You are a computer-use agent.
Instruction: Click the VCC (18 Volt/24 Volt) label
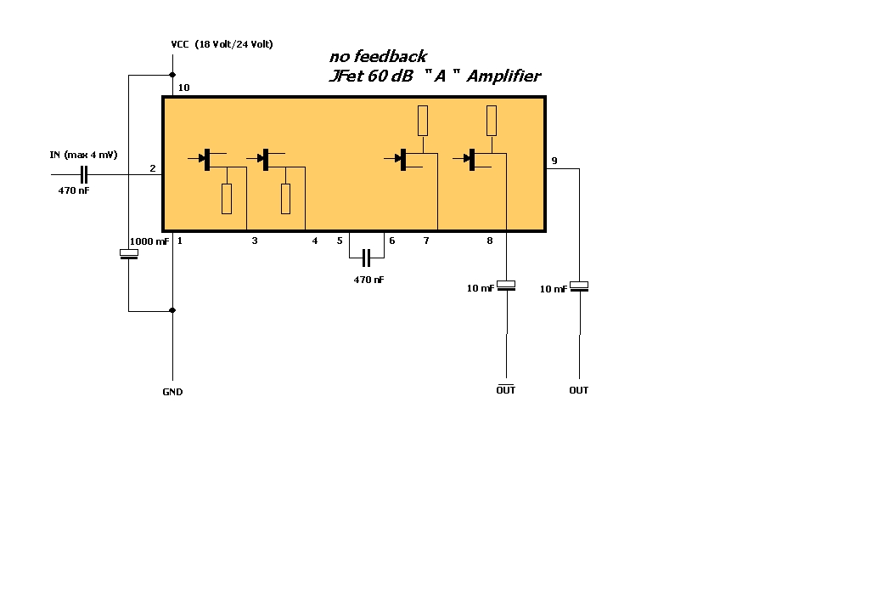pyautogui.click(x=222, y=44)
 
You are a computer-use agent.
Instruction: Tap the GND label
pyautogui.click(x=172, y=392)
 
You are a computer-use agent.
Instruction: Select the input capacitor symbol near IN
pyautogui.click(x=84, y=175)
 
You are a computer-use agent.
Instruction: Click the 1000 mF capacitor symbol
pyautogui.click(x=129, y=253)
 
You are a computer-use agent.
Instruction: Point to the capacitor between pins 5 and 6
pyautogui.click(x=366, y=258)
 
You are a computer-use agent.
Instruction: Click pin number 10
pyautogui.click(x=184, y=88)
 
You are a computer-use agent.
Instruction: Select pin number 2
pyautogui.click(x=153, y=168)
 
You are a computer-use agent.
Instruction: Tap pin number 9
pyautogui.click(x=554, y=161)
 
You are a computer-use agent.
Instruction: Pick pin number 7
pyautogui.click(x=426, y=241)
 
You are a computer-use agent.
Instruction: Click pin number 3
pyautogui.click(x=255, y=241)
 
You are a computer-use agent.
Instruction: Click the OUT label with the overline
pyautogui.click(x=506, y=389)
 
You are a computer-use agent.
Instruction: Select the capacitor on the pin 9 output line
pyautogui.click(x=579, y=286)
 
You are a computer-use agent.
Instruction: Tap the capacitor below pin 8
pyautogui.click(x=506, y=286)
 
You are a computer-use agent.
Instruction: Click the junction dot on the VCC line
pyautogui.click(x=172, y=75)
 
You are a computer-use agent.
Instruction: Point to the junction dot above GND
pyautogui.click(x=172, y=310)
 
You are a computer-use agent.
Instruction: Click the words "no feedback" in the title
pyautogui.click(x=378, y=56)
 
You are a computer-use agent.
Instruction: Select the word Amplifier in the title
pyautogui.click(x=503, y=76)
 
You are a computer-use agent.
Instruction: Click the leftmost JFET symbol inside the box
pyautogui.click(x=207, y=160)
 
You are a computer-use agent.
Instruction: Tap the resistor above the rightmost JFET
pyautogui.click(x=492, y=121)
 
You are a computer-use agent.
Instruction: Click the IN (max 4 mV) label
pyautogui.click(x=83, y=155)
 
